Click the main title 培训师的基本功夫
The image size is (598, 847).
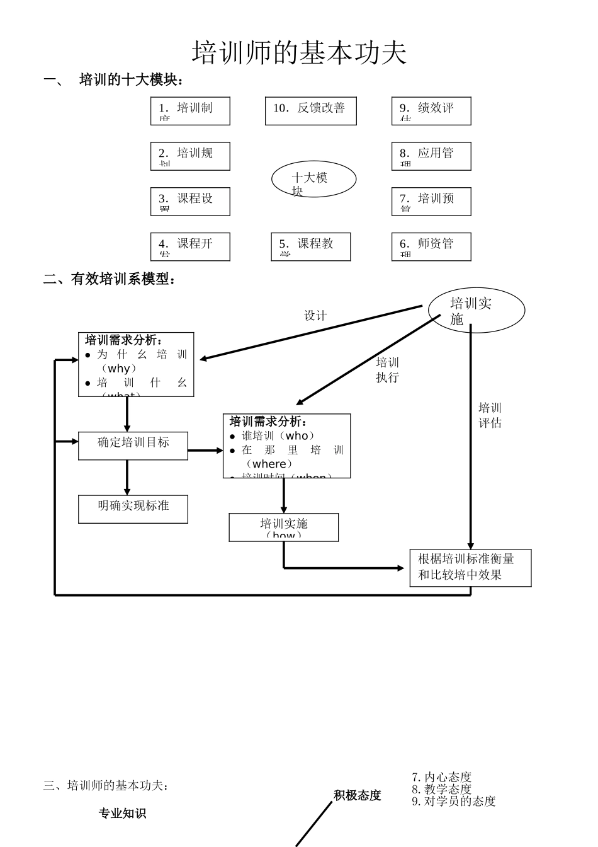[299, 53]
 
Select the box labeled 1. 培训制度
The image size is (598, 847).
[190, 111]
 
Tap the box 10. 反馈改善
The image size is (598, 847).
[310, 111]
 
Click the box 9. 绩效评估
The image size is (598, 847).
[431, 111]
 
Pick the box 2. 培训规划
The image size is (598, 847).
[190, 156]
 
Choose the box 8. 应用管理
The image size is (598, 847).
[431, 156]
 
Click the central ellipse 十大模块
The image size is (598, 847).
[313, 179]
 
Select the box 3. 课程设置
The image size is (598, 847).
[190, 202]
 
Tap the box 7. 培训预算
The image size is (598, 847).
[431, 202]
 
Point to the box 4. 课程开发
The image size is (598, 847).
[190, 246]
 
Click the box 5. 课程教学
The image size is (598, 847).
[310, 246]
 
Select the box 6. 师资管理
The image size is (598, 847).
[431, 246]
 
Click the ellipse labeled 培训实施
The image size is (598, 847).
[476, 311]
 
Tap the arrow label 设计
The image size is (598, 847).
[315, 316]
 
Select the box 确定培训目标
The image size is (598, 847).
[133, 446]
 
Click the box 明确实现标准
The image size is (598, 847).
[133, 509]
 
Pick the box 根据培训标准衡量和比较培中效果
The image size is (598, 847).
[470, 568]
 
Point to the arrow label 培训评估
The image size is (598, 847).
[490, 415]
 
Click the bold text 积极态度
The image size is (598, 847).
[357, 795]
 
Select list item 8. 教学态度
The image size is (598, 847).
[442, 789]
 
